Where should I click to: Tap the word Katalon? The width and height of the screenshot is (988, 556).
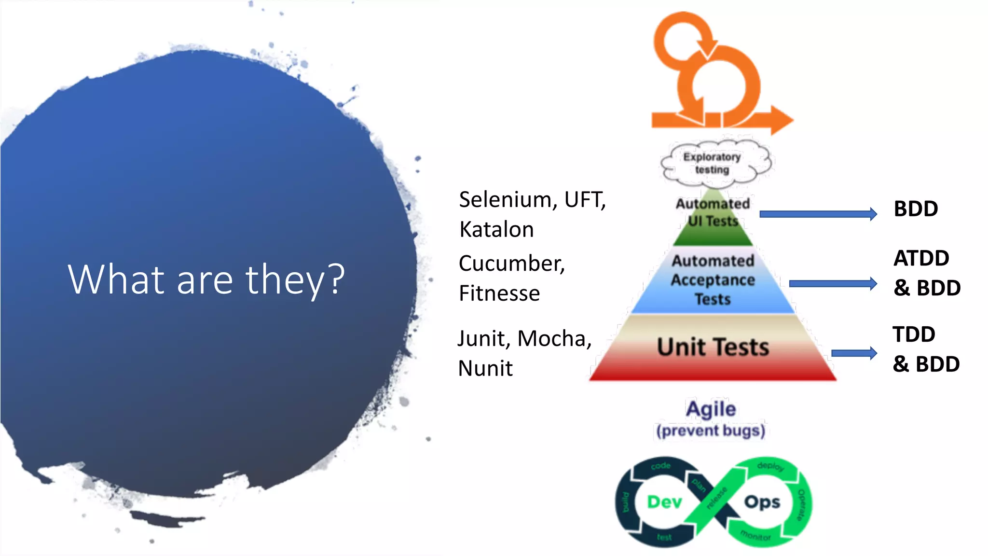[496, 229]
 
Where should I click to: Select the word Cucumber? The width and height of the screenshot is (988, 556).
[511, 264]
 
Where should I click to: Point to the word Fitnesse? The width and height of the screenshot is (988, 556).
[499, 293]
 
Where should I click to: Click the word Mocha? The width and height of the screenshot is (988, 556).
[554, 338]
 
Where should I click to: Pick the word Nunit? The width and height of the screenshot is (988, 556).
[485, 368]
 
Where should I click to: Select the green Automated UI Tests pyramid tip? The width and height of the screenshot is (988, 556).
[713, 227]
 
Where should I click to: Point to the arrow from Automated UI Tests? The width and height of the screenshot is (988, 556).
[818, 214]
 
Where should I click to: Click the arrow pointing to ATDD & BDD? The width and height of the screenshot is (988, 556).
[833, 283]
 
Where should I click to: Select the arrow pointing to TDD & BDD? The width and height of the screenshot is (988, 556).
[853, 353]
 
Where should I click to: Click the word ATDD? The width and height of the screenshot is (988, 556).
[921, 258]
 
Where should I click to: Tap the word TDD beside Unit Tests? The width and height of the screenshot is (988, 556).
[914, 334]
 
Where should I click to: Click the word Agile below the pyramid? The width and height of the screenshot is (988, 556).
[711, 409]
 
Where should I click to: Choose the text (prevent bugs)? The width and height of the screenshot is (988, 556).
[711, 431]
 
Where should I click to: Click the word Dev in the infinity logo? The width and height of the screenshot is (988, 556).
[664, 502]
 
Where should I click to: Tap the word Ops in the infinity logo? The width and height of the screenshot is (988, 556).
[762, 502]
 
